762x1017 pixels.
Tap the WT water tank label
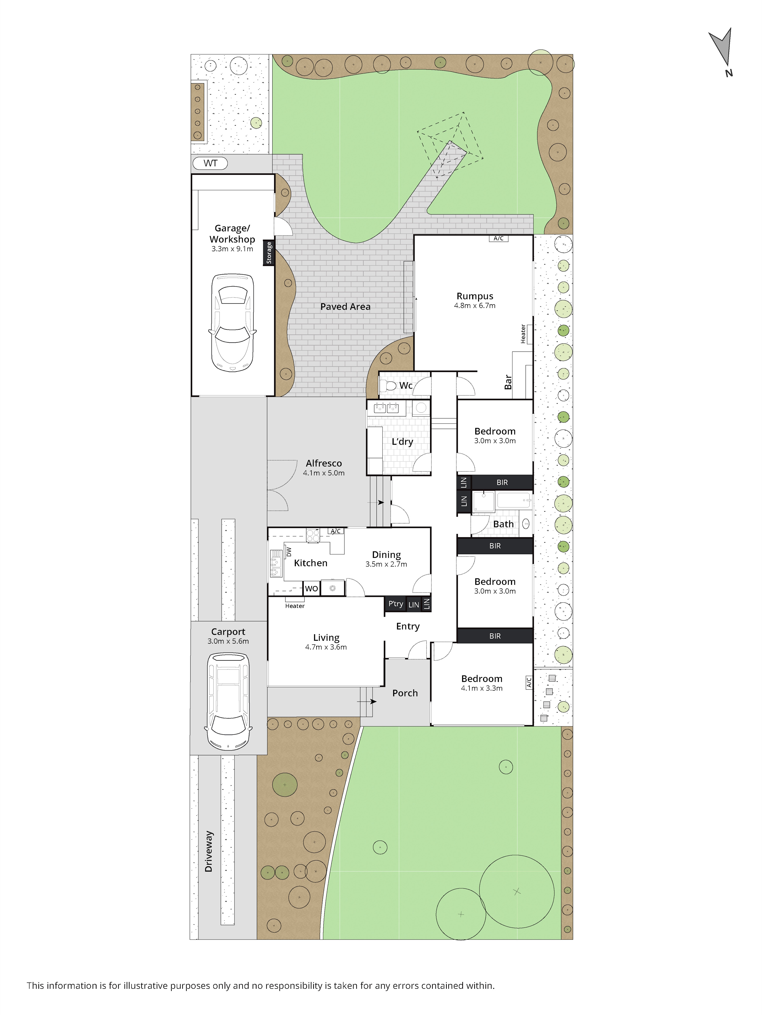pyautogui.click(x=210, y=163)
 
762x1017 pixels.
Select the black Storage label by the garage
pyautogui.click(x=269, y=253)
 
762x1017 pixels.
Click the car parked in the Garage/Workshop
pyautogui.click(x=232, y=323)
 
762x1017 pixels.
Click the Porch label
pyautogui.click(x=405, y=693)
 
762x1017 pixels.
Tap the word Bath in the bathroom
pyautogui.click(x=503, y=524)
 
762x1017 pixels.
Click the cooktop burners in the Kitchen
pyautogui.click(x=313, y=536)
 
